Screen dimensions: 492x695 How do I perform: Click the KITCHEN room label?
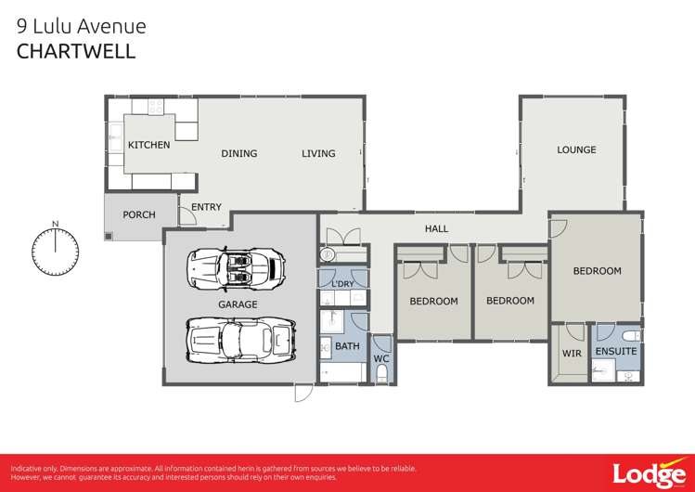[x=148, y=145]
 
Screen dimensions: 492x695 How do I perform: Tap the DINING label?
[x=238, y=154]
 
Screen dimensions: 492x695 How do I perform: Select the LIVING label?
[x=318, y=154]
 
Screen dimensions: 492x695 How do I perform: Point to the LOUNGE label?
[x=576, y=149]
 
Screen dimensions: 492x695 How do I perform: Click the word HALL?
[x=436, y=228]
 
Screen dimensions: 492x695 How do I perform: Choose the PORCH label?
[x=139, y=214]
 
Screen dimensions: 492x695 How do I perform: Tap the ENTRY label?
[x=206, y=207]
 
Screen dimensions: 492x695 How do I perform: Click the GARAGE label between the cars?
[x=238, y=304]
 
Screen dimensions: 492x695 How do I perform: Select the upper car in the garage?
[x=236, y=268]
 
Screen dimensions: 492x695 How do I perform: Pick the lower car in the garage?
[x=239, y=340]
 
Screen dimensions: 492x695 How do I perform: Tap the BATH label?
[x=347, y=346]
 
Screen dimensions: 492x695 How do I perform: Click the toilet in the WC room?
[x=381, y=374]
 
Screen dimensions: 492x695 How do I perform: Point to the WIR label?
[x=572, y=353]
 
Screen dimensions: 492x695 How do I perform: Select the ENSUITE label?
[x=616, y=352]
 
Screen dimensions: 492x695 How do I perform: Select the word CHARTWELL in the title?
[x=76, y=51]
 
